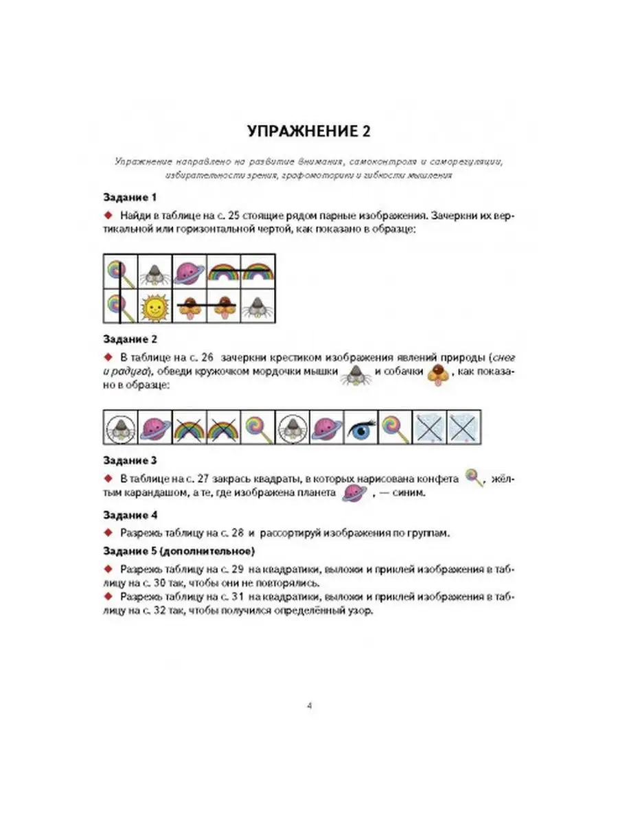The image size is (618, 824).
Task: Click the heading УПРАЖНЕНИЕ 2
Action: pos(308,131)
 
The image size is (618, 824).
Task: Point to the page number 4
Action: pos(310,705)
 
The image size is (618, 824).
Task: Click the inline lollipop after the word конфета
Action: pos(473,476)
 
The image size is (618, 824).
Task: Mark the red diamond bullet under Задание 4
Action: pos(108,532)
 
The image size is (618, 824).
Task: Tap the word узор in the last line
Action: pos(362,613)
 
